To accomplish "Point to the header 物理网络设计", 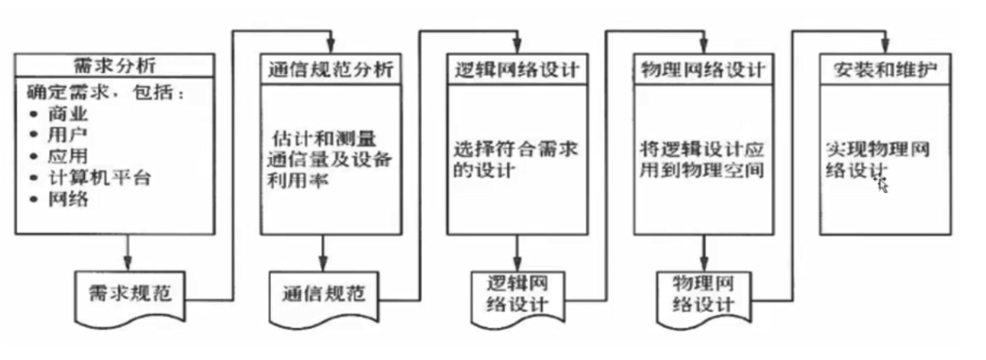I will (x=701, y=70).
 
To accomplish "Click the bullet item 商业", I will (x=70, y=113).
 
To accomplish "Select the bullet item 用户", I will (x=70, y=134).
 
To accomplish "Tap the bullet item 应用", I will (x=70, y=156).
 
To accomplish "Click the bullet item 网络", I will (x=70, y=200).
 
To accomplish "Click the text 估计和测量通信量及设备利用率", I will (x=327, y=158).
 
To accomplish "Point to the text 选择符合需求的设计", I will (x=515, y=159).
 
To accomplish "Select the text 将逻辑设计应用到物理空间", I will (x=701, y=159).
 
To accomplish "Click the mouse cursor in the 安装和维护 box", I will (x=883, y=185).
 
